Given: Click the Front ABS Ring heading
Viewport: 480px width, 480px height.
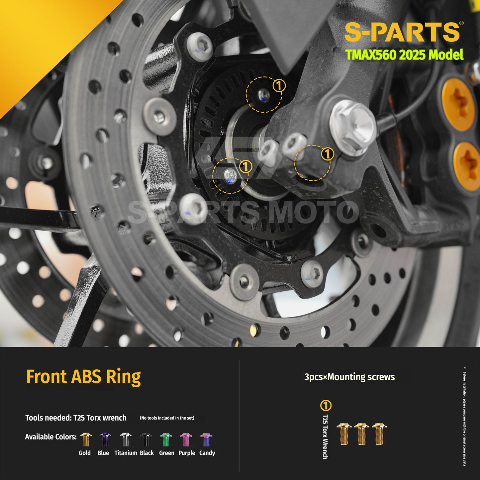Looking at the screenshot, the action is tap(83, 377).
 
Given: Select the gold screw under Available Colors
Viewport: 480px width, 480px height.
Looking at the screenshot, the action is tap(86, 439).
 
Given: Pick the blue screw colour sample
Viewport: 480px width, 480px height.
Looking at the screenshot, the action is tap(105, 439).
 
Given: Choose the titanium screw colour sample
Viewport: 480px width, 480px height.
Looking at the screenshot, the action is tap(125, 439).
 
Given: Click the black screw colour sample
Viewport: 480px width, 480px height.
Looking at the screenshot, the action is tap(146, 439).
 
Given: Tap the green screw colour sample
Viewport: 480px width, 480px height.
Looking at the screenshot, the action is tap(166, 440).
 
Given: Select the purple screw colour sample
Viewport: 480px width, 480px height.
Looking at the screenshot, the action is tap(186, 440).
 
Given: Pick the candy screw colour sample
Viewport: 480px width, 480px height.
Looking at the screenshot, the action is tap(206, 440).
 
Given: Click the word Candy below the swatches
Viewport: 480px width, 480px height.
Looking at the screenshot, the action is tap(207, 453).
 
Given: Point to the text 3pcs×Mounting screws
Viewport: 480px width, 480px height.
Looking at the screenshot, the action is tap(349, 377).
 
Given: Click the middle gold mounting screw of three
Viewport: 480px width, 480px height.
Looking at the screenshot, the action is tap(362, 434).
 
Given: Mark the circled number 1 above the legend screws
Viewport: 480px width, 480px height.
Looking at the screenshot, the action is tap(326, 406).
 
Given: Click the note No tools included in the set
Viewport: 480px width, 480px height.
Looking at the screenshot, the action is tap(167, 418).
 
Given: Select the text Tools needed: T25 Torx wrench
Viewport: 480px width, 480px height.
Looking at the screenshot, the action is tap(76, 418).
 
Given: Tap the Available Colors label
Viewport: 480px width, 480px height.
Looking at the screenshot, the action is tap(51, 437).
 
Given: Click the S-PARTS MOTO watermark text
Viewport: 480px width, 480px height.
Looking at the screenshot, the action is tap(243, 212).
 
